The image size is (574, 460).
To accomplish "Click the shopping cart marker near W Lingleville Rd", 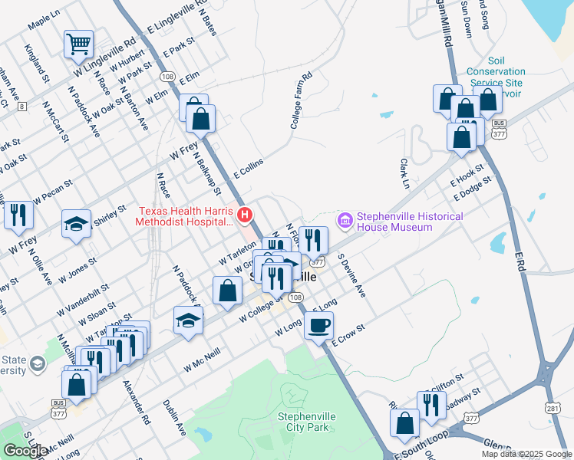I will [x=78, y=45].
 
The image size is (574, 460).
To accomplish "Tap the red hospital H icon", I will [x=245, y=215].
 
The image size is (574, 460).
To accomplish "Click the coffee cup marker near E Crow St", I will [x=318, y=324].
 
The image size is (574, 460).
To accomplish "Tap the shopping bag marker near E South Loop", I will [x=404, y=422].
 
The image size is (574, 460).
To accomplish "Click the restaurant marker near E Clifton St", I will [x=431, y=405].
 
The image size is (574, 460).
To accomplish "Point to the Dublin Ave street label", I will [x=174, y=417].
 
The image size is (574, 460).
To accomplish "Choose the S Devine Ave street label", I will [x=351, y=277].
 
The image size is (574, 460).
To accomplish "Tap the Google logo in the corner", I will [x=25, y=451].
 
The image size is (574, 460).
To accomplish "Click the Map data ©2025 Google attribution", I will [x=526, y=454].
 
